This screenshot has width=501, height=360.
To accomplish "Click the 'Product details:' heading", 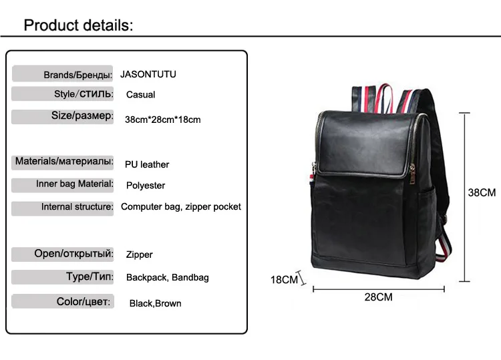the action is [x=79, y=25].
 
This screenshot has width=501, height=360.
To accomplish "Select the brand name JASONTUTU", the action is [x=148, y=74].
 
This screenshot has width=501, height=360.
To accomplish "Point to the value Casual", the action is [x=140, y=95].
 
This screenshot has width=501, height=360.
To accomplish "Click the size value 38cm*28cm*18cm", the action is [x=162, y=120].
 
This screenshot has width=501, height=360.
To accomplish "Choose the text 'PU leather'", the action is [x=147, y=164].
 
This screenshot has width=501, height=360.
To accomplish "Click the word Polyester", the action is [x=145, y=185].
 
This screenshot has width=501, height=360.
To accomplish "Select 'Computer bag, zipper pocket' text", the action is [x=181, y=206].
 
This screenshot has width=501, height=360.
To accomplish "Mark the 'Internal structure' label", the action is [x=77, y=207].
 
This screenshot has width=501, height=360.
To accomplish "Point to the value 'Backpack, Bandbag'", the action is [x=167, y=277].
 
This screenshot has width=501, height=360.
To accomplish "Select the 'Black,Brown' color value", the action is [x=155, y=303].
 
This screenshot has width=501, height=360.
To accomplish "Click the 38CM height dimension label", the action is [x=482, y=192].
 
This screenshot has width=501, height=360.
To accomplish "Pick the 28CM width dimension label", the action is [x=378, y=297].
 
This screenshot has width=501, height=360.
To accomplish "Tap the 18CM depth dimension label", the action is [x=284, y=279].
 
